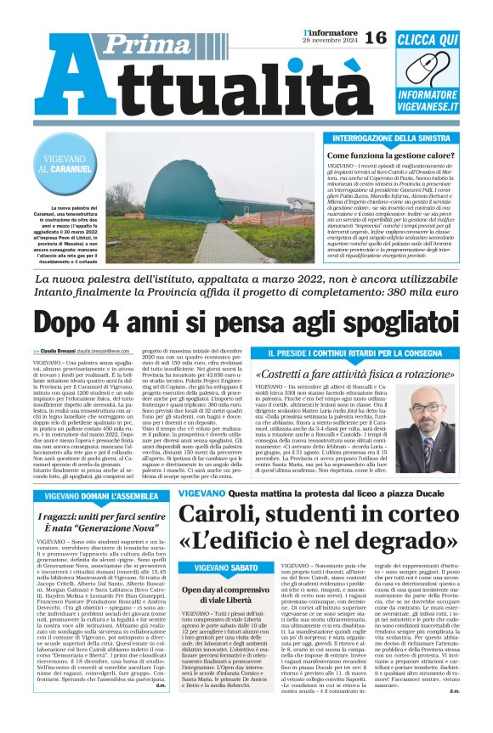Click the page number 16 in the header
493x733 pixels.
click(x=376, y=37)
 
